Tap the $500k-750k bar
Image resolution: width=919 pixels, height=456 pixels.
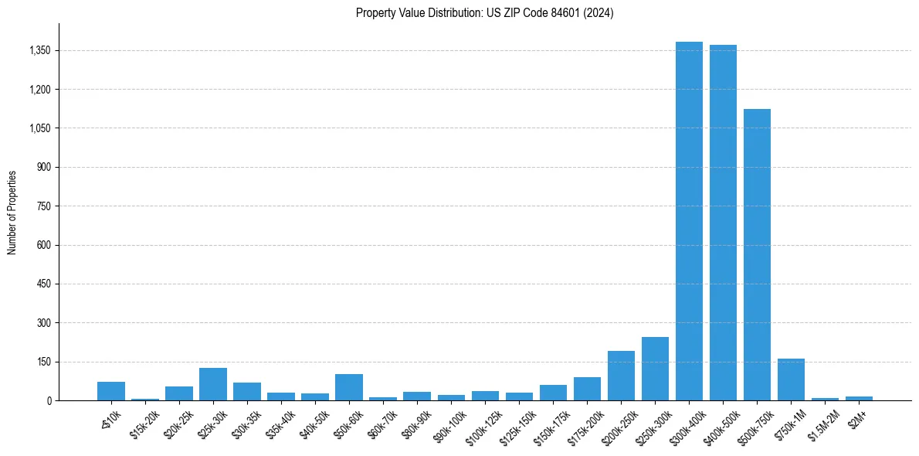[x=757, y=254]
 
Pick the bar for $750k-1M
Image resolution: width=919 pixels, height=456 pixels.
[x=791, y=379]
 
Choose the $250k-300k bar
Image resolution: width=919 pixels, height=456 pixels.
[x=655, y=369]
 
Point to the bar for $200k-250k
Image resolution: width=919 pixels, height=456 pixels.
[x=621, y=376]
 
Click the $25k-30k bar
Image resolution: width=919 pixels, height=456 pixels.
[x=212, y=384]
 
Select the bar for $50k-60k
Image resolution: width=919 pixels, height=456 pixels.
[x=349, y=387]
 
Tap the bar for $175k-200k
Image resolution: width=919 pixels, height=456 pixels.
[x=587, y=389]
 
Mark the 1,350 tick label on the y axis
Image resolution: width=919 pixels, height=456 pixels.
[x=39, y=51]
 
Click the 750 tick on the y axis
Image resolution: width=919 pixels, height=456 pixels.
[x=43, y=206]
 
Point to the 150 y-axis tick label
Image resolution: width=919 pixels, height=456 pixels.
[x=43, y=362]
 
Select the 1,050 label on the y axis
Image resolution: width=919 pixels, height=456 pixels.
[x=39, y=128]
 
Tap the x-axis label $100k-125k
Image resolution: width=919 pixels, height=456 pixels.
[x=483, y=422]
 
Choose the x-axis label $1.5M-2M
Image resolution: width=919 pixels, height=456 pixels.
[x=824, y=420]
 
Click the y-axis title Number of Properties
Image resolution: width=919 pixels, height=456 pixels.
[x=12, y=212]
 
